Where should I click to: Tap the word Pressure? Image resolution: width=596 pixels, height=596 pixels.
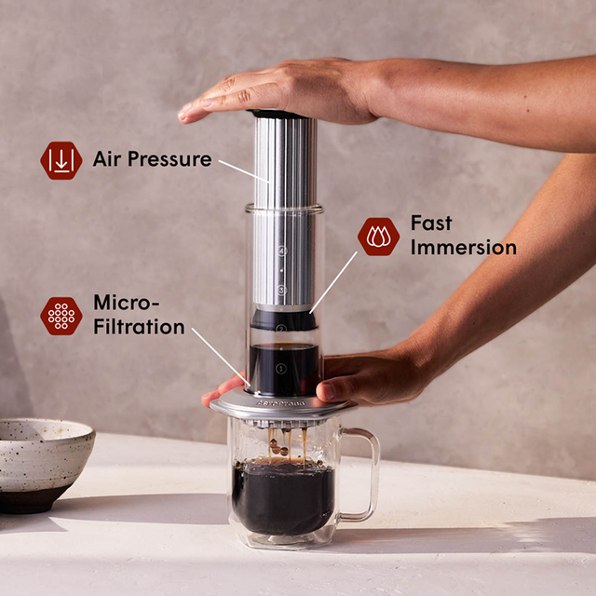[x=168, y=158]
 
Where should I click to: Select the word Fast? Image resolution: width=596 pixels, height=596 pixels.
[x=430, y=223]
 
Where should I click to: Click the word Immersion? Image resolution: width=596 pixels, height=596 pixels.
[x=463, y=248]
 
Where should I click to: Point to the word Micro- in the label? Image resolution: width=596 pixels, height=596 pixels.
[x=127, y=304]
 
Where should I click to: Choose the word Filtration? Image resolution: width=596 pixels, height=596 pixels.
[x=139, y=327]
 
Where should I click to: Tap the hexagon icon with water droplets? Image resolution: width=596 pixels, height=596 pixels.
[x=378, y=237]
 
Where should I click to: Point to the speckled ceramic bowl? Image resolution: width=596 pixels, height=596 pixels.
[x=43, y=460]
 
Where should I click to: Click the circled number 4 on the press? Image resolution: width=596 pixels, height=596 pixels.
[x=281, y=251]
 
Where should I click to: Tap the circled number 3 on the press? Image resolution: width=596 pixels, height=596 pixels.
[x=281, y=291]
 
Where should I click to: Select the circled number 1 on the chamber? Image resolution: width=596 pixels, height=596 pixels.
[x=281, y=369]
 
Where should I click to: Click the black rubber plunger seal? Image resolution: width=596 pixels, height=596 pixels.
[x=282, y=319]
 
